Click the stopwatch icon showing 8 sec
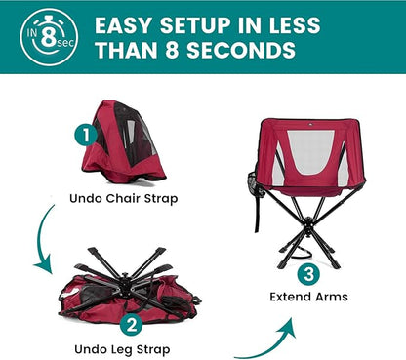[49, 37]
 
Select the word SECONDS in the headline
[241, 50]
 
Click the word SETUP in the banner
[196, 25]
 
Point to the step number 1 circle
[86, 135]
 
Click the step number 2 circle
[132, 325]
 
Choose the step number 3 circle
[308, 273]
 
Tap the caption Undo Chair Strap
[124, 198]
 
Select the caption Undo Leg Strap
[122, 349]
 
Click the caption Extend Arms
[308, 297]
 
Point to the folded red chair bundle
[124, 143]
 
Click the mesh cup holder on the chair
[253, 183]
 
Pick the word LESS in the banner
[295, 25]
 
